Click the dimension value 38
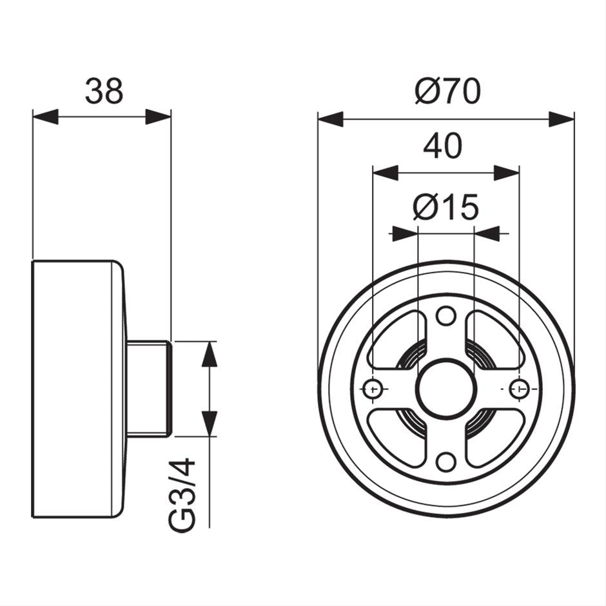point(104,92)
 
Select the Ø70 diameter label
point(447,92)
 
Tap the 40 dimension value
point(443,146)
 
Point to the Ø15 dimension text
point(445,208)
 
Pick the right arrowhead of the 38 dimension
point(158,117)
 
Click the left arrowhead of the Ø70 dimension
point(331,119)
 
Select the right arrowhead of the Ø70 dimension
point(561,119)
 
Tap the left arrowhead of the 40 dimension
point(386,173)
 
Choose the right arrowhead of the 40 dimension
point(506,173)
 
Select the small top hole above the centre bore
point(445,316)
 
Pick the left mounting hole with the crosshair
point(373,389)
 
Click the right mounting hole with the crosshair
point(519,389)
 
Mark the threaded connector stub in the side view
point(148,389)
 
